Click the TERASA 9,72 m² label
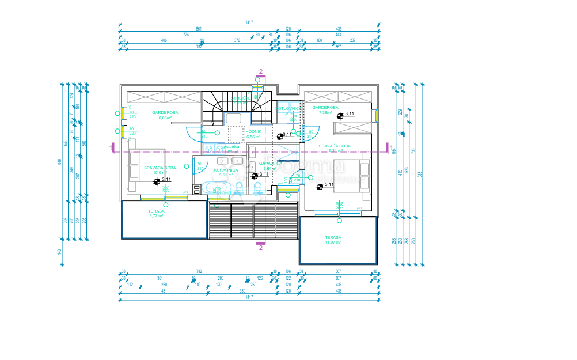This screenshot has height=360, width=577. coord(157,213)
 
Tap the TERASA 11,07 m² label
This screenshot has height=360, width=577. coord(333,240)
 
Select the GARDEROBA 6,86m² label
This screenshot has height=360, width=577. coord(165,115)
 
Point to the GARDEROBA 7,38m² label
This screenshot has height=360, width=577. coord(325,109)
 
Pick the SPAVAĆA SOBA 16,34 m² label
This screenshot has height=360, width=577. coord(335,148)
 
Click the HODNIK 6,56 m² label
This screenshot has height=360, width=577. coord(254,134)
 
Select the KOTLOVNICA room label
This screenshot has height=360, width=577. coord(287,110)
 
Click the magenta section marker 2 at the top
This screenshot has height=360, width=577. coord(261,72)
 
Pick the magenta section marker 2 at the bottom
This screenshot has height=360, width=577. coord(261,248)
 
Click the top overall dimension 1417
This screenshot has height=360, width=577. coord(249,22)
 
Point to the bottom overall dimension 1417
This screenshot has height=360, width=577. coord(249,297)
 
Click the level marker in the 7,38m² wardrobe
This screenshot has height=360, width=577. coord(340,115)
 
